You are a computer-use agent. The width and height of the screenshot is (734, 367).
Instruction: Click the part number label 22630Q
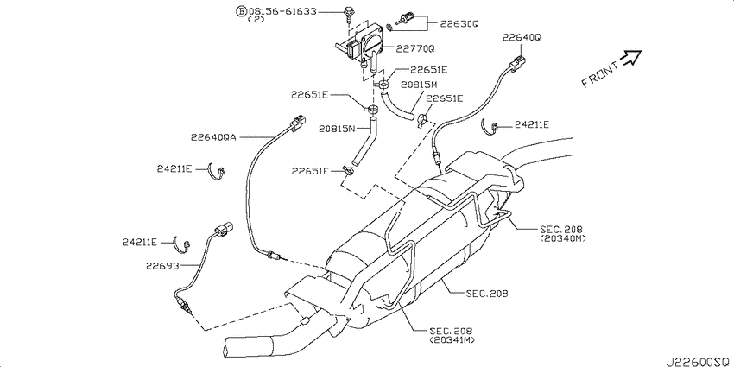click(459, 23)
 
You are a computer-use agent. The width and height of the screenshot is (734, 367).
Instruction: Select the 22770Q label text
click(416, 48)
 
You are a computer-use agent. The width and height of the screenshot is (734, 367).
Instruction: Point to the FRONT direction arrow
click(630, 57)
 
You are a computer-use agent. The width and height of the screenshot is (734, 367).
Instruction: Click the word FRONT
click(600, 74)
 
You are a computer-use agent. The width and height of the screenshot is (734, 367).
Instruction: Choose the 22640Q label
click(522, 38)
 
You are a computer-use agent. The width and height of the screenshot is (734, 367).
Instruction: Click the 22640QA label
click(214, 137)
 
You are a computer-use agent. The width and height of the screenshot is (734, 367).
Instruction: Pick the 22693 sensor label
click(162, 265)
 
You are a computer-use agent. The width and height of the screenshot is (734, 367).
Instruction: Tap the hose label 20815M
click(419, 85)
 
